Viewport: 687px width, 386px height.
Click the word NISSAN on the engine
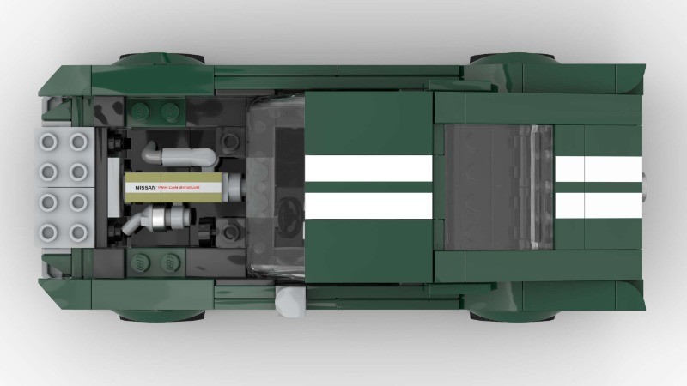[x=143, y=185]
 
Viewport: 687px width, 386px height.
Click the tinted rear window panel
[x=498, y=185]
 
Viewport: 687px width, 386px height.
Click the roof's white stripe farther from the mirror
[x=369, y=169]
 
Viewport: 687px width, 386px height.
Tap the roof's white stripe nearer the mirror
[x=369, y=204]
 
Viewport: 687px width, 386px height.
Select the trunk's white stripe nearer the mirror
[x=599, y=204]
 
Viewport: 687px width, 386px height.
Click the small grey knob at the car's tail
[x=646, y=185]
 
